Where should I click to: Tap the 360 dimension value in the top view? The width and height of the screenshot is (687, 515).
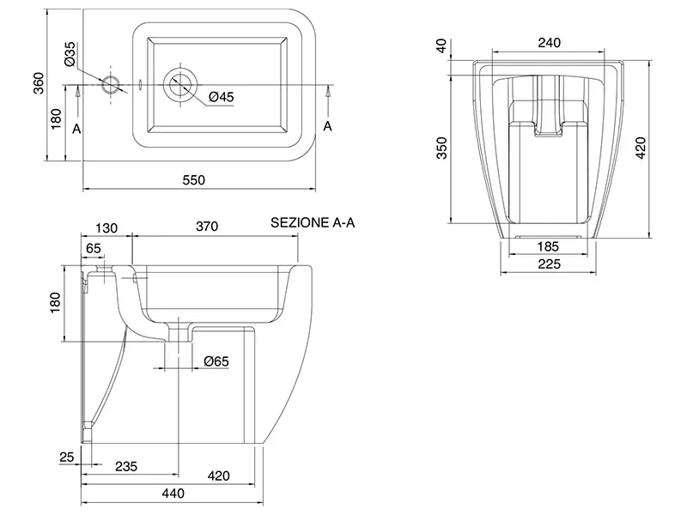click(x=37, y=82)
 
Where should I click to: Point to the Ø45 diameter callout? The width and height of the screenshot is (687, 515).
click(x=222, y=97)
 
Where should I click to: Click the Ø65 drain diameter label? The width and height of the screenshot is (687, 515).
click(x=217, y=362)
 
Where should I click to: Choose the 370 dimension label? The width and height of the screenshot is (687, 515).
click(x=206, y=227)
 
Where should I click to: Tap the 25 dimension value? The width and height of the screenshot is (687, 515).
click(x=67, y=457)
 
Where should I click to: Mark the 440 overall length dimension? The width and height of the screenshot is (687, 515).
click(x=173, y=494)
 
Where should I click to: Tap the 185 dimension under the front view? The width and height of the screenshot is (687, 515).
click(x=548, y=246)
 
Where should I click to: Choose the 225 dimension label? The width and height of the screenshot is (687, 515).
click(x=548, y=264)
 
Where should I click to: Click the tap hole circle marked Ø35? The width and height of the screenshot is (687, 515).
click(x=111, y=84)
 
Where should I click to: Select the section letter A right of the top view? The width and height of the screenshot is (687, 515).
click(x=327, y=126)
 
